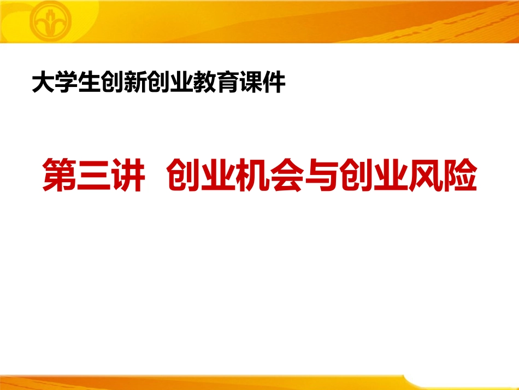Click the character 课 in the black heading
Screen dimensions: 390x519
coord(251,83)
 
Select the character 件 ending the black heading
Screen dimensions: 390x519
coord(274,83)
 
